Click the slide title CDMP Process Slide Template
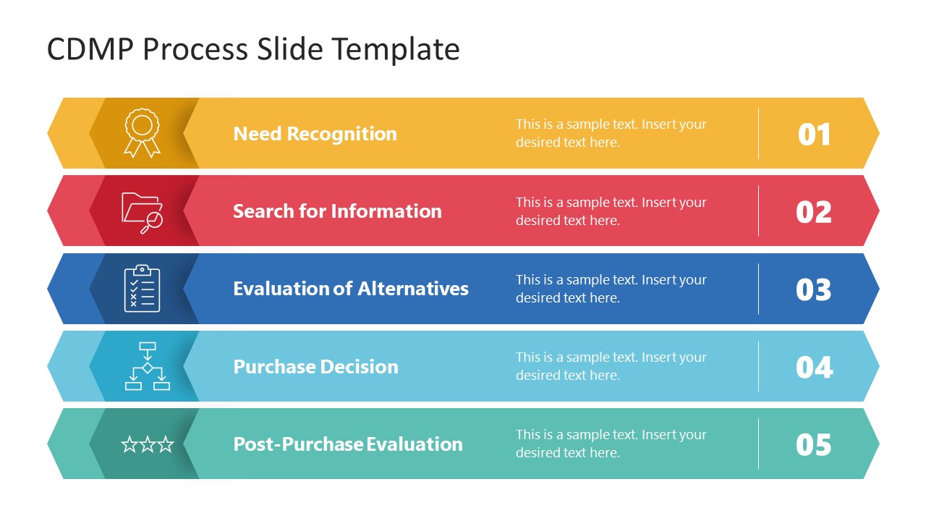click(253, 49)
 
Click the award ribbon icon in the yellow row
click(142, 132)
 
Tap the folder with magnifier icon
click(142, 212)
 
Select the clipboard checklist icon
click(142, 289)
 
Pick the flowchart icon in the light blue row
click(147, 366)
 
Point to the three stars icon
click(147, 444)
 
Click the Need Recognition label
click(315, 134)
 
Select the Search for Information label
click(337, 211)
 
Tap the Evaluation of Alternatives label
click(350, 289)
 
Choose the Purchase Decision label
click(315, 366)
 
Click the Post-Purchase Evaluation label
click(347, 444)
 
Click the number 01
click(814, 135)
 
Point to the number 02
click(814, 212)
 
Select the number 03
click(814, 289)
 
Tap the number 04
click(814, 367)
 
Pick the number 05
click(814, 444)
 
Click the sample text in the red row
click(611, 211)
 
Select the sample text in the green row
click(611, 444)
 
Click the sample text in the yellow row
click(611, 133)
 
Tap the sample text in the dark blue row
click(611, 289)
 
